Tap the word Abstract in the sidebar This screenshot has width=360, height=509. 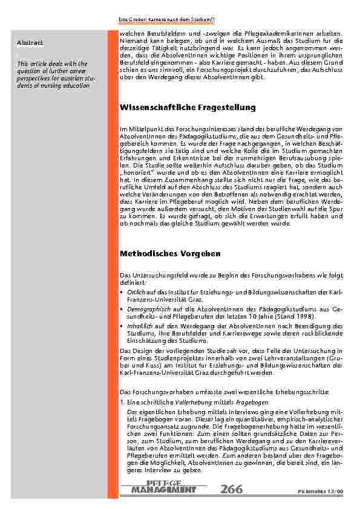point(30,42)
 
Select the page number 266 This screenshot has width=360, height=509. point(232,488)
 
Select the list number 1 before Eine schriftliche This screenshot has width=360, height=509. point(122,401)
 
